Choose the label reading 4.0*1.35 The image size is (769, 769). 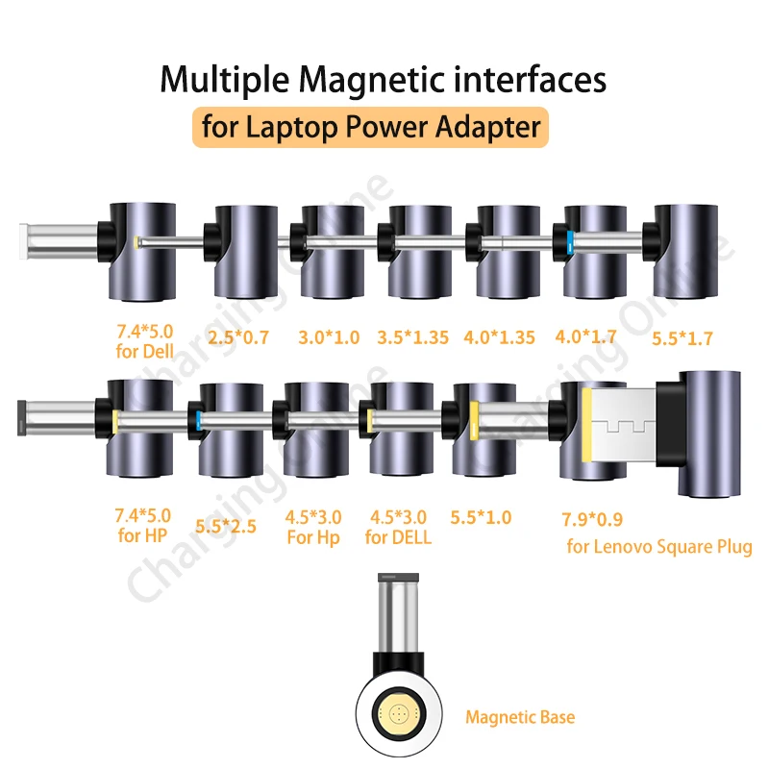click(500, 338)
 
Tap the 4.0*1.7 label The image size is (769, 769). click(586, 336)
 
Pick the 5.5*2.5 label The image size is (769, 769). click(225, 526)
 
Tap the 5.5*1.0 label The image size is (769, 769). click(481, 517)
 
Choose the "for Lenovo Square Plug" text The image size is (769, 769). click(659, 547)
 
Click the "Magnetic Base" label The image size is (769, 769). click(520, 716)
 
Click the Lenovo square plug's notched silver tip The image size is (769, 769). click(625, 423)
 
